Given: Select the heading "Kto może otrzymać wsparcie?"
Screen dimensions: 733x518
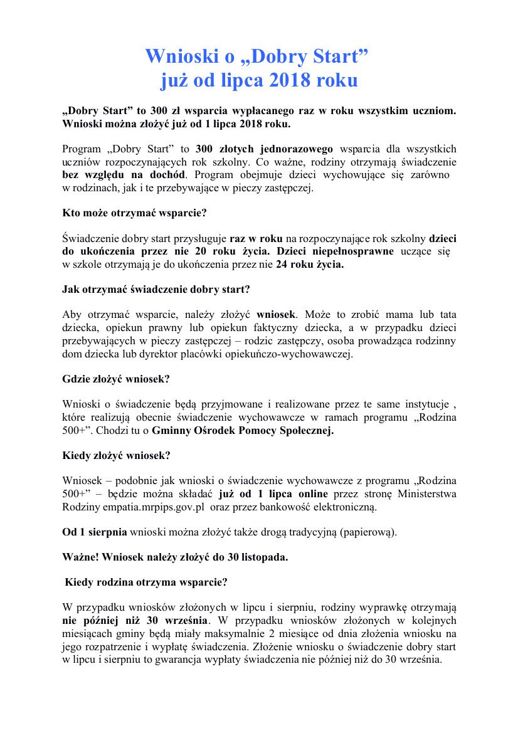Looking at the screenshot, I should pos(134,213).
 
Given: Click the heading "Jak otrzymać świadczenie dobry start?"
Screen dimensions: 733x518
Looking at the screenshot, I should pos(157,289).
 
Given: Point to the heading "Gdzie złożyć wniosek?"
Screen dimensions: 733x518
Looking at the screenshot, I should pos(116,379).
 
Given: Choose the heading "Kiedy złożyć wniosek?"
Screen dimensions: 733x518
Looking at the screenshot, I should pos(117,455).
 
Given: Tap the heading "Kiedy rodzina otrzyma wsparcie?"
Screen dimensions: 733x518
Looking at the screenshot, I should pos(146,582).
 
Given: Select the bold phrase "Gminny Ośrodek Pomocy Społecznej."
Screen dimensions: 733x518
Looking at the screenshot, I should pos(243,430).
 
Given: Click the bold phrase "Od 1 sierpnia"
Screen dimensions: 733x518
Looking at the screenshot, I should pos(95,532).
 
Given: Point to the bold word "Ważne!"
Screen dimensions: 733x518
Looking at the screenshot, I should pos(80,557).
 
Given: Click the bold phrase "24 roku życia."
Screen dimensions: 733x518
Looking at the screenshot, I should pos(310,264).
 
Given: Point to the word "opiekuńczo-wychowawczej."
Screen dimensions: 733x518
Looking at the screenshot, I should pos(300,354).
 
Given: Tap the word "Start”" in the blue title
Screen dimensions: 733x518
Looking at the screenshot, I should pos(339,56).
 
